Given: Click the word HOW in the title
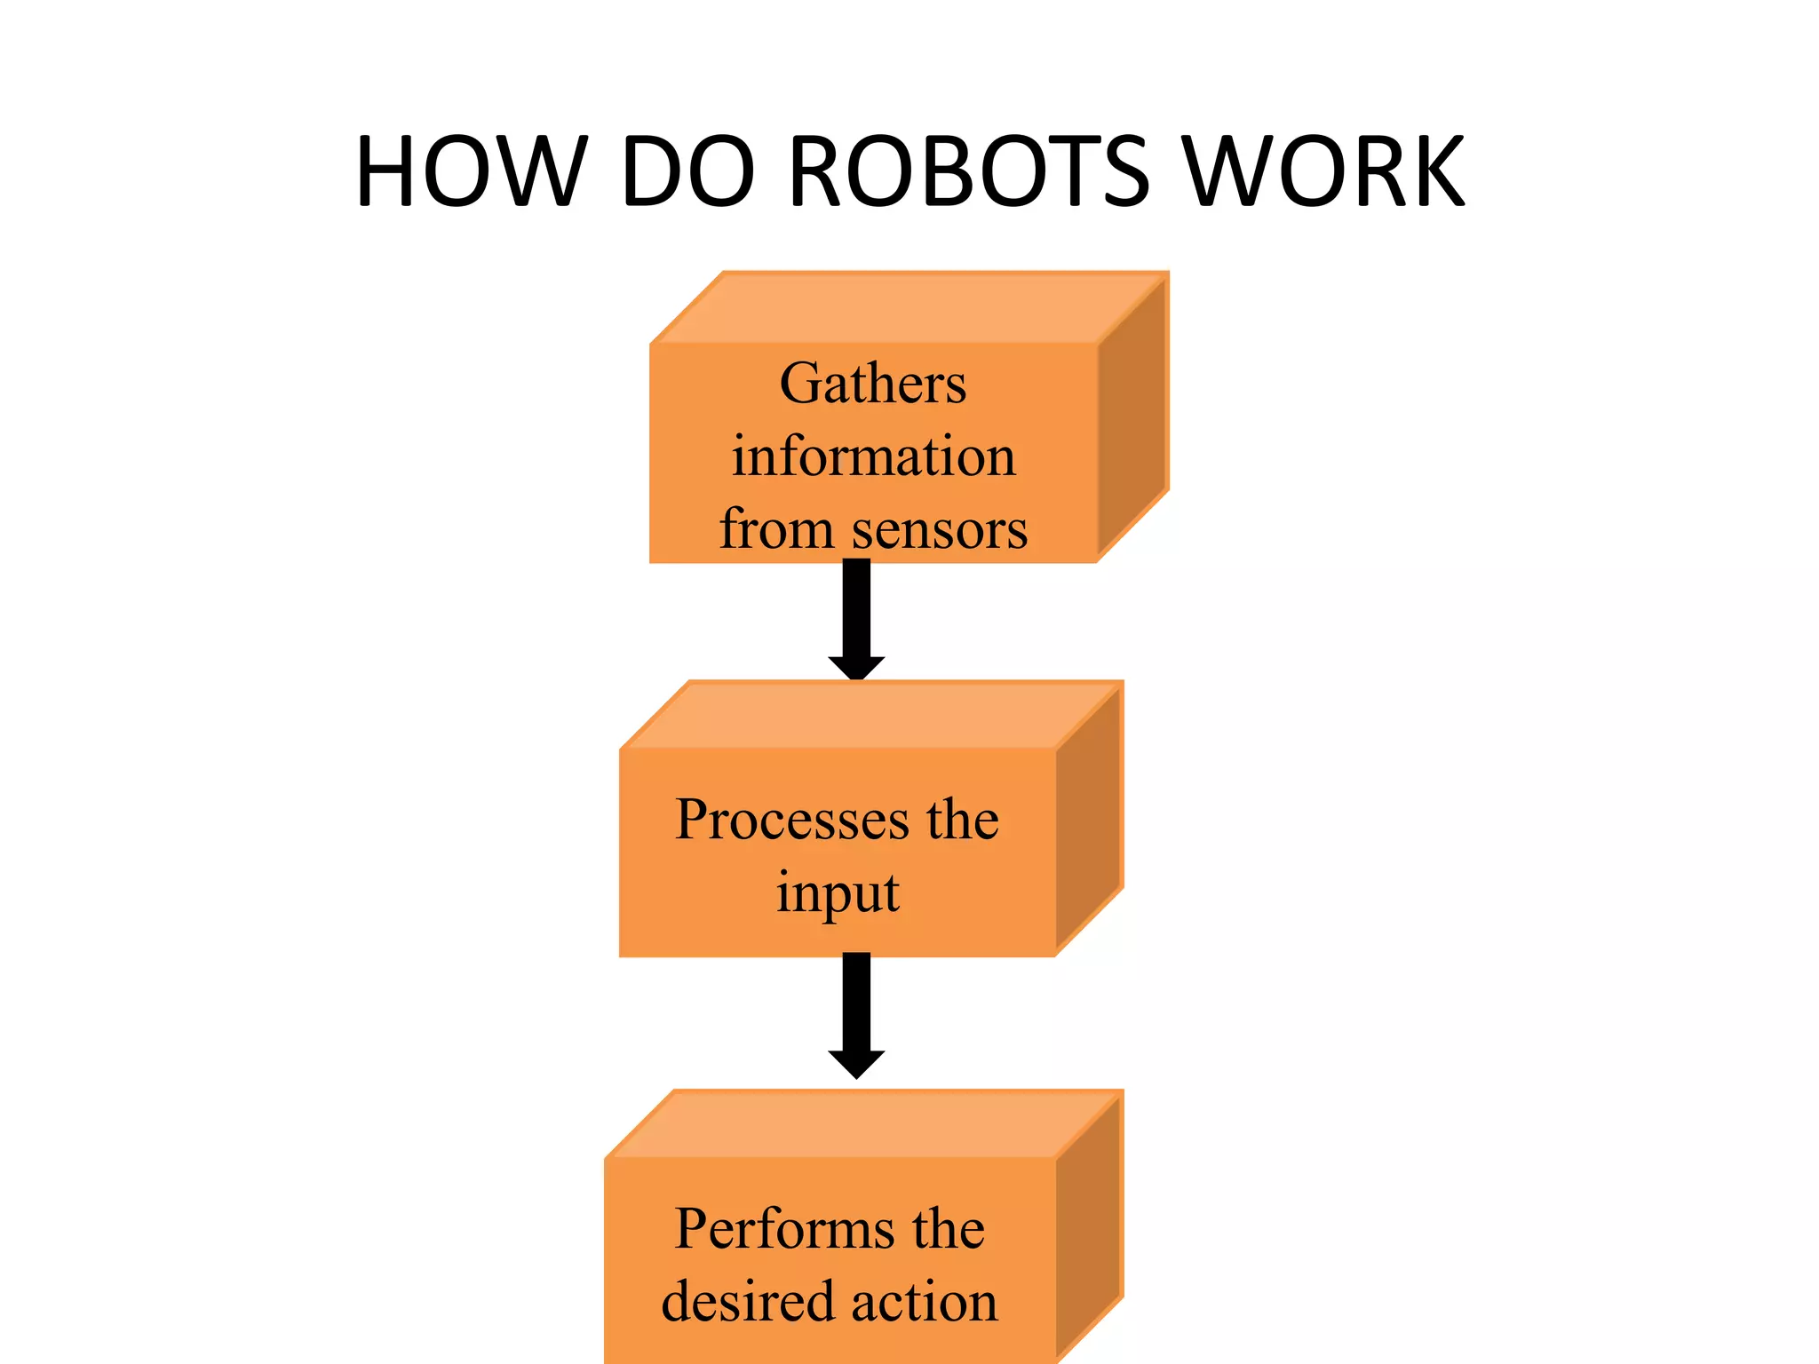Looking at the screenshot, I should [472, 171].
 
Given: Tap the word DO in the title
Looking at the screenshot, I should [687, 171].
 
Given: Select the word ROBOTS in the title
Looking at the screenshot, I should [969, 171].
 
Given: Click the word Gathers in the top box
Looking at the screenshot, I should [873, 384].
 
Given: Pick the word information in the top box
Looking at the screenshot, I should [873, 456].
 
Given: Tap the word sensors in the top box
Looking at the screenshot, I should [939, 530].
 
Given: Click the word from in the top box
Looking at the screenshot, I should [775, 530].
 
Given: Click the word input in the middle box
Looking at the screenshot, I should [838, 893].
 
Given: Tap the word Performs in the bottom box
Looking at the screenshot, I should [785, 1229].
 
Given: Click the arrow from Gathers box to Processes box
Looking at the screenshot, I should [856, 622].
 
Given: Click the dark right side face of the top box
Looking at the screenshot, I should [1132, 417].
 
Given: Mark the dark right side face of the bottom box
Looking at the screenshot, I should [1090, 1234].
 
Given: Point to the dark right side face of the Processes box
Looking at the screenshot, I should [1090, 821].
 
